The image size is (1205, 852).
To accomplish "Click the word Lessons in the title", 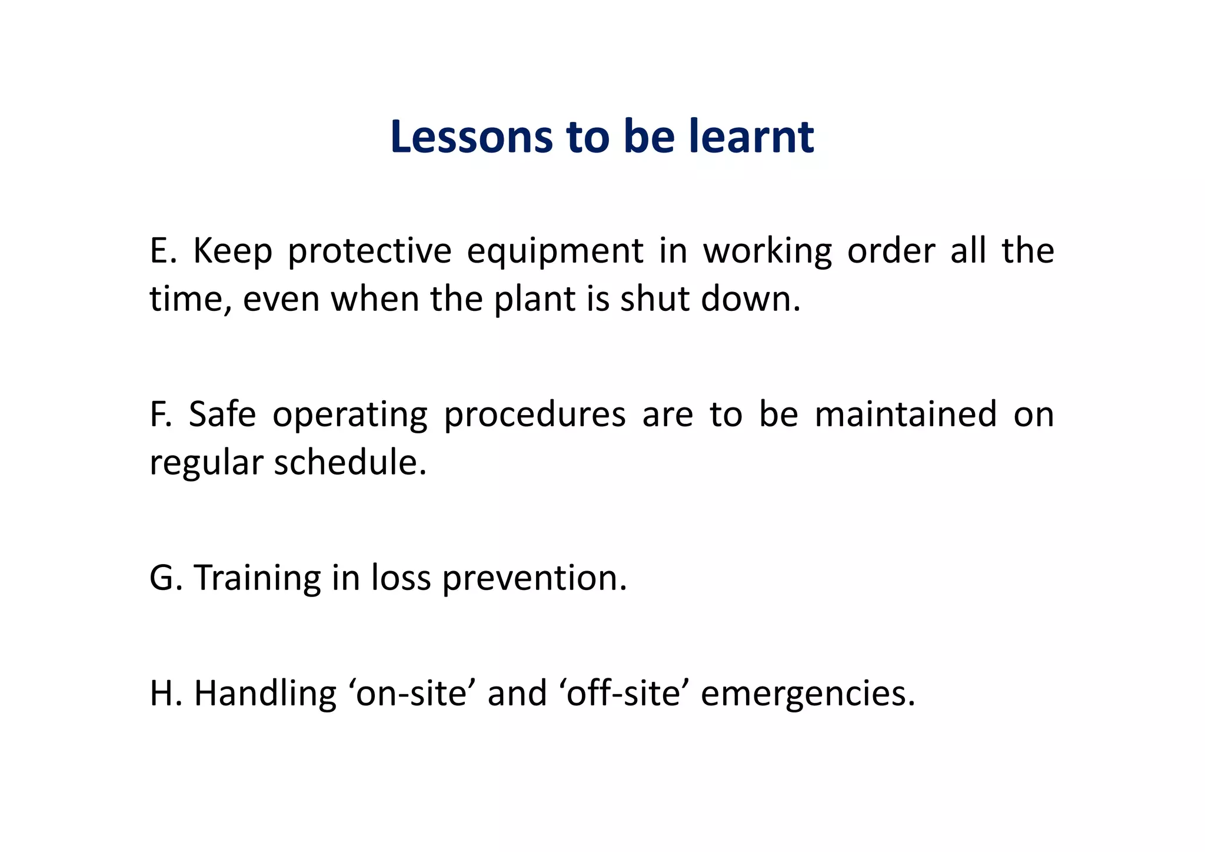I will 471,137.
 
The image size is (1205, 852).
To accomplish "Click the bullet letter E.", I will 160,251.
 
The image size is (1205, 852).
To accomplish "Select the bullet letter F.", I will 159,415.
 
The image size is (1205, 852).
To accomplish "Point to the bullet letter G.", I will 162,578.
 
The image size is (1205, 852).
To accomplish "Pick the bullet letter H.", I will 162,693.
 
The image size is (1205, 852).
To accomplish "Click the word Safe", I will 222,415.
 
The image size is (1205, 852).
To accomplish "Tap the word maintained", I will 906,415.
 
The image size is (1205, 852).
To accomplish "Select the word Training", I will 257,579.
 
